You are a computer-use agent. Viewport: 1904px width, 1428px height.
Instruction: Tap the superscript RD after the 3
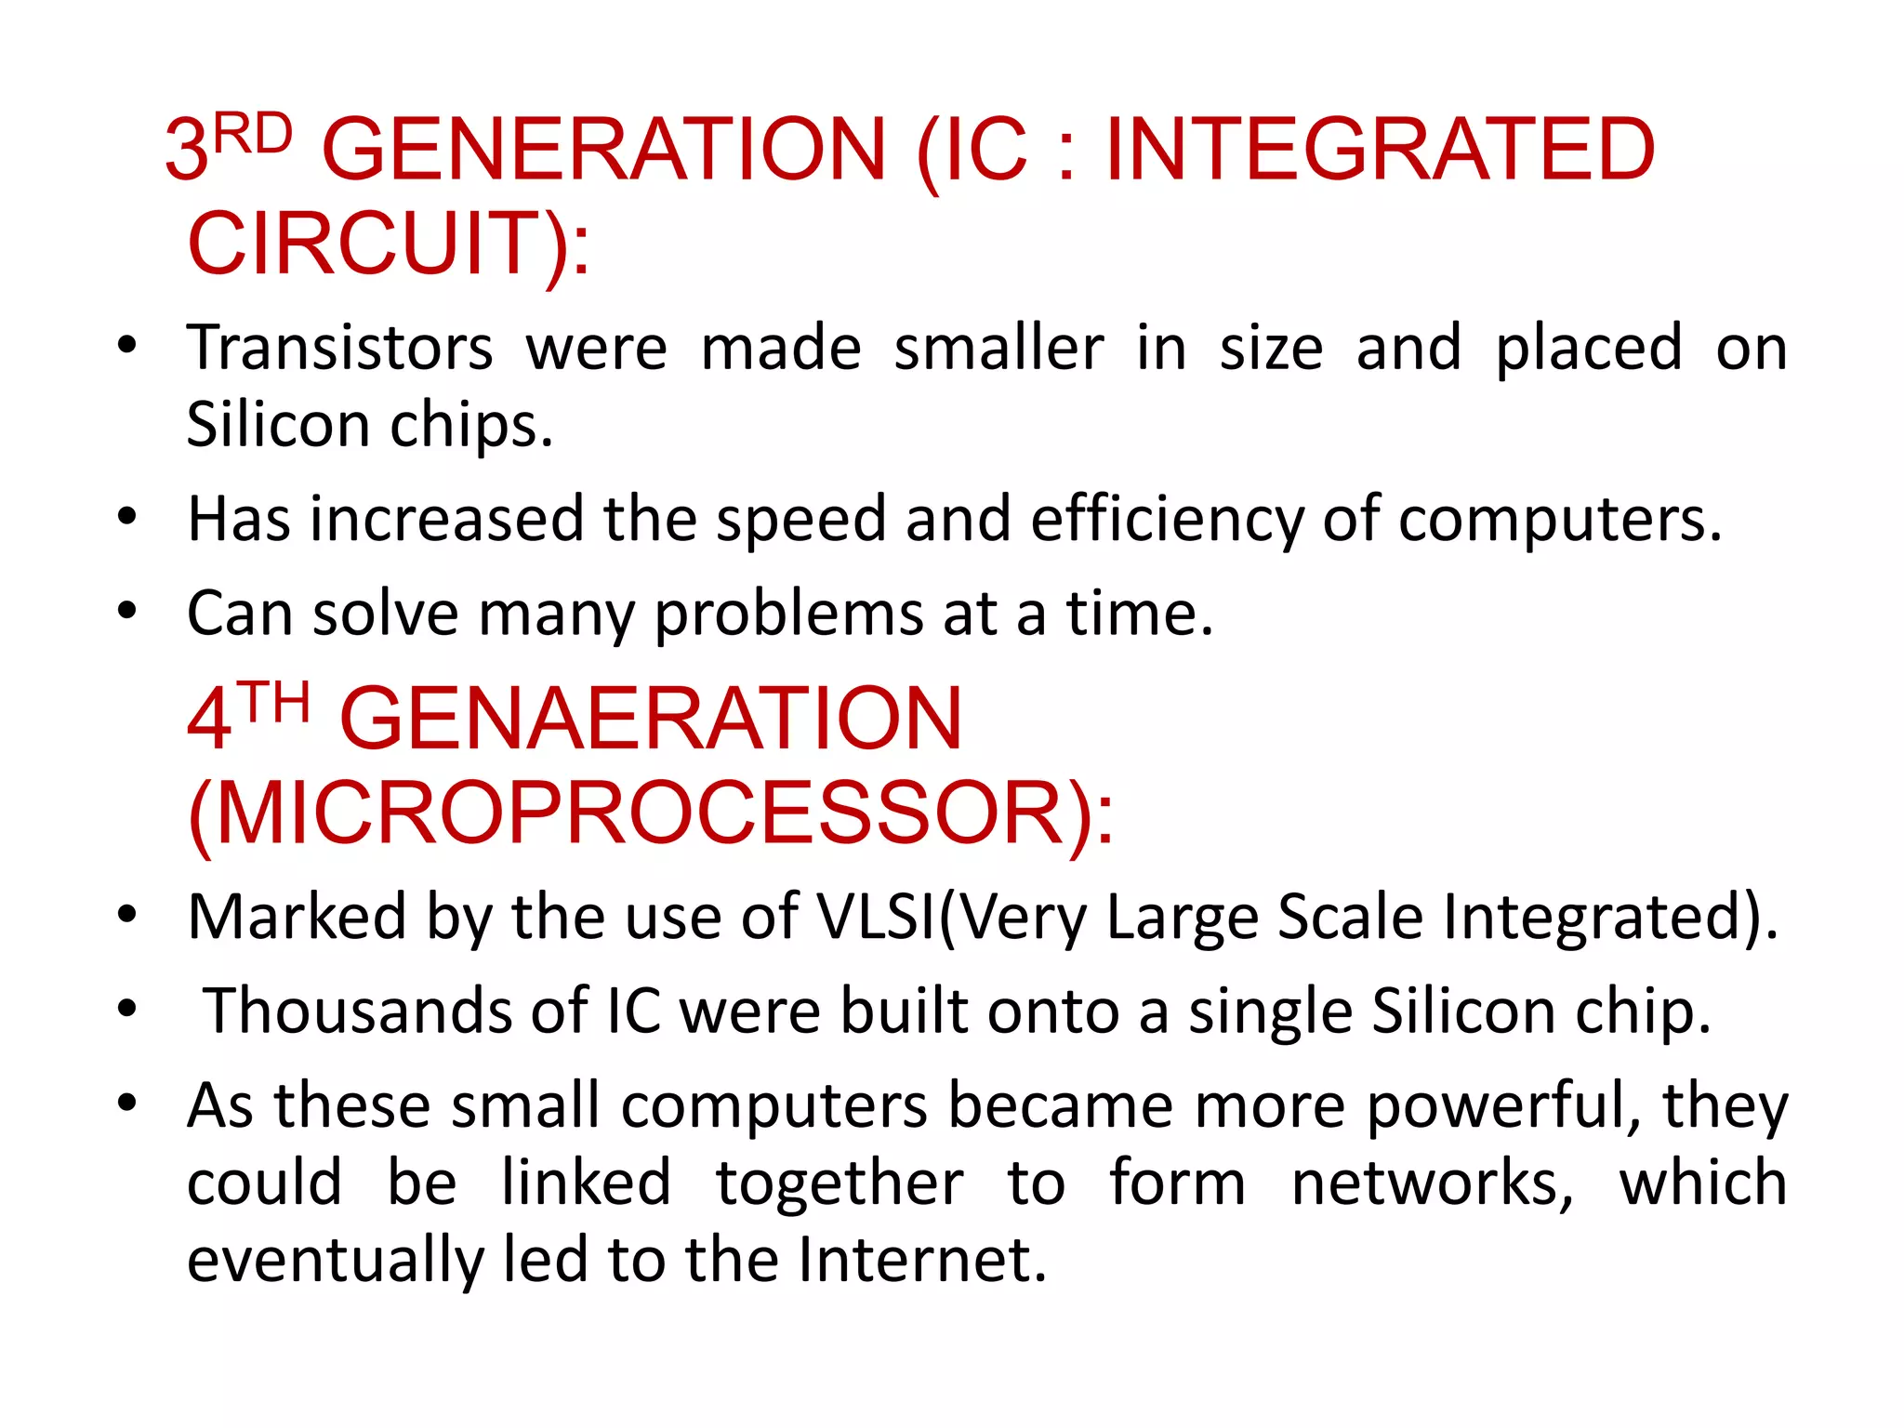(253, 135)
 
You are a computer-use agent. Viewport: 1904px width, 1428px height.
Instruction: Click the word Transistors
(340, 348)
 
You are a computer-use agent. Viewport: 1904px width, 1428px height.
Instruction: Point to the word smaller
(999, 348)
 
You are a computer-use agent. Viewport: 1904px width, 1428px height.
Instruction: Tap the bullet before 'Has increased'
(127, 516)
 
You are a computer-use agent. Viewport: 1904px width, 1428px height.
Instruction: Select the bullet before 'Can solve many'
(127, 611)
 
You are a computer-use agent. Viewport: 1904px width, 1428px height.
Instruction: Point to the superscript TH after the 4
(272, 703)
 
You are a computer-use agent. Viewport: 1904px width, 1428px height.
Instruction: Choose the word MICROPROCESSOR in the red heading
(641, 813)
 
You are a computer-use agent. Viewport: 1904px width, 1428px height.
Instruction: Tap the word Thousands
(358, 1011)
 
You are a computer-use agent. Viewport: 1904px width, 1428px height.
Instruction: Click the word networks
(1432, 1183)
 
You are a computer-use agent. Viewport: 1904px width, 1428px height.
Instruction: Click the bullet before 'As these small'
(127, 1104)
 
